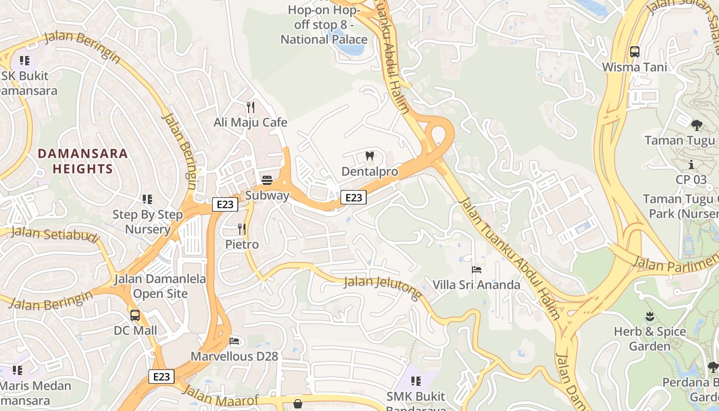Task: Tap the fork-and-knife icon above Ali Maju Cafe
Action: pyautogui.click(x=251, y=107)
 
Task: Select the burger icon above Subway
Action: pyautogui.click(x=267, y=180)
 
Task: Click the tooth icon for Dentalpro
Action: pyautogui.click(x=369, y=156)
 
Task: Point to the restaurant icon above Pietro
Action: pyautogui.click(x=241, y=229)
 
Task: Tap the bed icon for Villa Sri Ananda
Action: pyautogui.click(x=476, y=269)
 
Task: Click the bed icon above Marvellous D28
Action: pyautogui.click(x=234, y=341)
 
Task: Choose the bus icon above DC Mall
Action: pyautogui.click(x=135, y=315)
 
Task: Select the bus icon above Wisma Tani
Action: pyautogui.click(x=635, y=51)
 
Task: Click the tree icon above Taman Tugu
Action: pyautogui.click(x=696, y=125)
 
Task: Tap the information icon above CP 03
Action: pyautogui.click(x=691, y=164)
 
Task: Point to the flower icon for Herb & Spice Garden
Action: pyautogui.click(x=650, y=316)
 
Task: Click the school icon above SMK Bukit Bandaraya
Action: pyautogui.click(x=416, y=381)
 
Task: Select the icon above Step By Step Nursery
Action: pyautogui.click(x=147, y=199)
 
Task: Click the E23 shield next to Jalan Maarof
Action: pyautogui.click(x=161, y=377)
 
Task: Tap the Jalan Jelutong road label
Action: pyautogui.click(x=383, y=288)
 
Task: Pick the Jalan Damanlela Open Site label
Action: pyautogui.click(x=160, y=287)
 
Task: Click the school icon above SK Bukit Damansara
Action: pyautogui.click(x=24, y=61)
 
